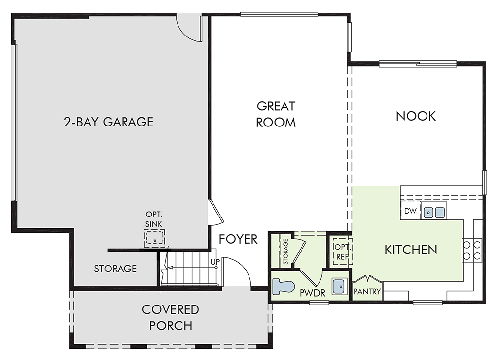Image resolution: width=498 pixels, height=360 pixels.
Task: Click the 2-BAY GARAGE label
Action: coord(108,122)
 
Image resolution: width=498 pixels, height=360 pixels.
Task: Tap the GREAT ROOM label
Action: coord(276,114)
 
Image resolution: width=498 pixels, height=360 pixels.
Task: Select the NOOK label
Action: coord(416,116)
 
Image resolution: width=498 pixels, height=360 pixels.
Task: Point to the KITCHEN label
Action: coord(410,250)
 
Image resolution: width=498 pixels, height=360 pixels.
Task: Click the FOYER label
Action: coord(238,239)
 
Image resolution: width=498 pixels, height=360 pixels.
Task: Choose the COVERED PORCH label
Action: coord(171,317)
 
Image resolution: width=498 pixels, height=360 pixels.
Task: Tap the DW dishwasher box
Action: coord(410,210)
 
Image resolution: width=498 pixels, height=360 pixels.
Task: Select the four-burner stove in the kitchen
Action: coord(472,251)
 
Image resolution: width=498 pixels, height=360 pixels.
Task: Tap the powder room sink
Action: coord(339,287)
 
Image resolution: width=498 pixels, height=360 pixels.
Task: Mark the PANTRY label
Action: coord(367,291)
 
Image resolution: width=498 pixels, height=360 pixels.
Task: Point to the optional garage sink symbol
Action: coord(154,238)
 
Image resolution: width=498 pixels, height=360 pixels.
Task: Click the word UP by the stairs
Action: coord(215,262)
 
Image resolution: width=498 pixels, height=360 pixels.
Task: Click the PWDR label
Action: coord(313,293)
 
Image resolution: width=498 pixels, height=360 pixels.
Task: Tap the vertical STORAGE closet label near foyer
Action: coord(285,252)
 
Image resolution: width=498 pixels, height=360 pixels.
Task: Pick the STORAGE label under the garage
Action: coord(115,269)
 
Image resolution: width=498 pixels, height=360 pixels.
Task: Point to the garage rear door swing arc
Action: coord(186,32)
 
